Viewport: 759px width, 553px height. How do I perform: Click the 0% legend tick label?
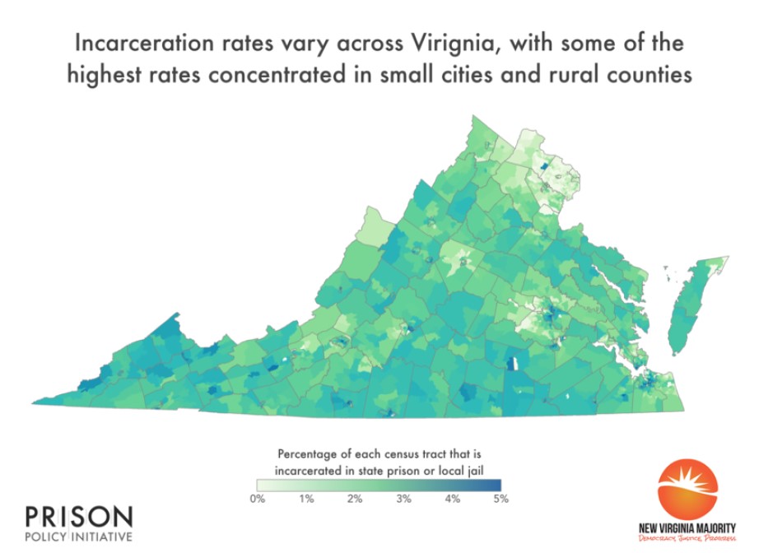(258, 499)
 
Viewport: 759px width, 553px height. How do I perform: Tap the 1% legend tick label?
(306, 499)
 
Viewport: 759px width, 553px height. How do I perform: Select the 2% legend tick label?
(355, 499)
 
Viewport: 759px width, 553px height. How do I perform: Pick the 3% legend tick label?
(403, 499)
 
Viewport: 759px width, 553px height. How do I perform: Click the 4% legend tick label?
(452, 499)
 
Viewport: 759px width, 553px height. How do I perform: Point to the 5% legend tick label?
(500, 499)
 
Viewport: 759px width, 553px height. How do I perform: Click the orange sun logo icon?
(687, 490)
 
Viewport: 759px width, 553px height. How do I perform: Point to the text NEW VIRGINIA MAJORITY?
(687, 527)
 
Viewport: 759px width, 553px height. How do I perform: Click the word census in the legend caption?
(403, 453)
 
